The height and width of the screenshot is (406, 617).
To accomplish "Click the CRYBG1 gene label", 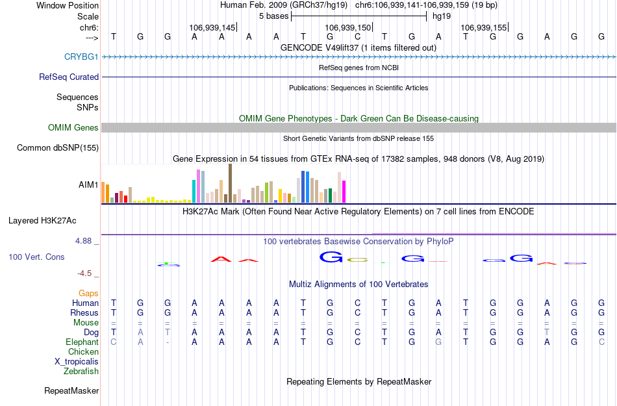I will click(x=81, y=57).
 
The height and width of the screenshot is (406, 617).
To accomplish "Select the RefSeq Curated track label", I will click(x=69, y=77).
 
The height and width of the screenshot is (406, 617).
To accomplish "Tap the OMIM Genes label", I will click(x=73, y=128).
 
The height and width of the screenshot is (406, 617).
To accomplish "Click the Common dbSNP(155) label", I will click(x=58, y=148).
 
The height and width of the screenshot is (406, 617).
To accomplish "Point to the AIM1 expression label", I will click(x=88, y=185).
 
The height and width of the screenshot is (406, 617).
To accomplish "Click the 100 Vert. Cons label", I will click(x=36, y=257).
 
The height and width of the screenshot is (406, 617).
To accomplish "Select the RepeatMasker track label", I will click(x=71, y=391).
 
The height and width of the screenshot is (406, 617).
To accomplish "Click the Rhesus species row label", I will click(x=84, y=313).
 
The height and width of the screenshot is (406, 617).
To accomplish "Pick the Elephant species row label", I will click(x=82, y=342).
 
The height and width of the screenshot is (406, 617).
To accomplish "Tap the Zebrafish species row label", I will click(x=81, y=372).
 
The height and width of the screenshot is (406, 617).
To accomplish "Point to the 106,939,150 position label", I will click(x=347, y=28).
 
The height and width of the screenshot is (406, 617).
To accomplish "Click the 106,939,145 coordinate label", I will click(x=212, y=28).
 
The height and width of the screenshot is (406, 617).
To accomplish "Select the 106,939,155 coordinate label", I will click(x=483, y=28).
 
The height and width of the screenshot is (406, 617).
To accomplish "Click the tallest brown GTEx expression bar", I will click(x=230, y=183).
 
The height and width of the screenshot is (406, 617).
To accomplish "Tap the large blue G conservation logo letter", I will click(x=331, y=258).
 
